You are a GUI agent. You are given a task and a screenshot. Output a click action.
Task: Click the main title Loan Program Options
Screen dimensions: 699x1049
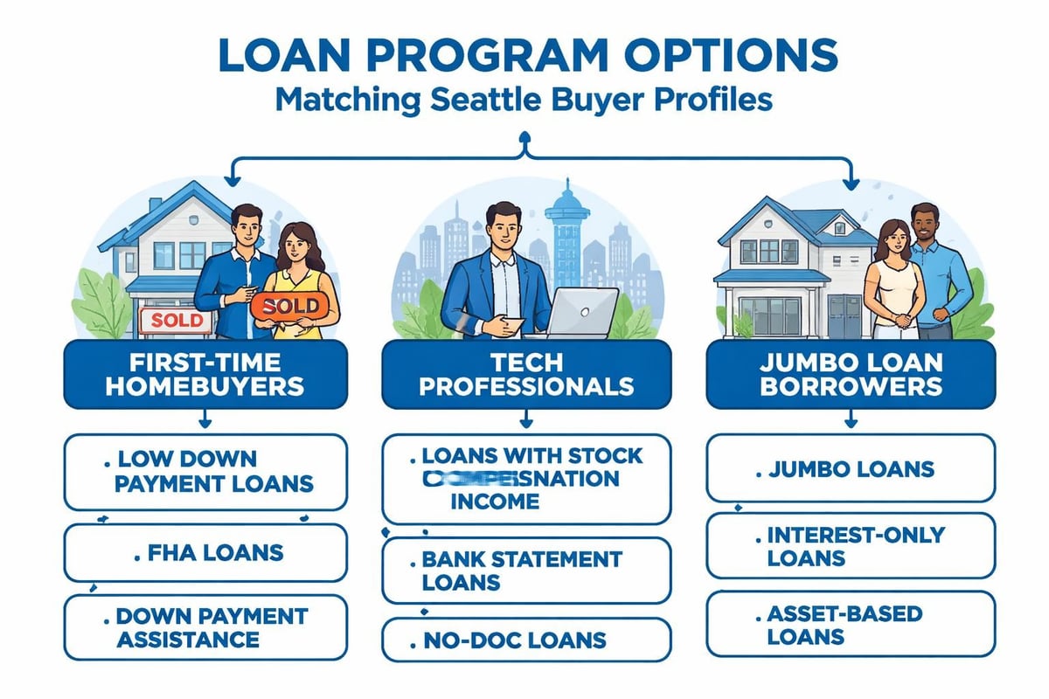click(x=524, y=54)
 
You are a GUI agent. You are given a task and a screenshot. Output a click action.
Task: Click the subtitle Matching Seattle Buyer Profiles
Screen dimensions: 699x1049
click(x=524, y=99)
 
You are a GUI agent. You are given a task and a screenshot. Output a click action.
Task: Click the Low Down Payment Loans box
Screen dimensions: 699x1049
click(x=206, y=472)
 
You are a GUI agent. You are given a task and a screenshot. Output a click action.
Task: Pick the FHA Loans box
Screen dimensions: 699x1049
click(x=206, y=552)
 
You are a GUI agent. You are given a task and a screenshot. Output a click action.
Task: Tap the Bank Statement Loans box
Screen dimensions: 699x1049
click(x=526, y=570)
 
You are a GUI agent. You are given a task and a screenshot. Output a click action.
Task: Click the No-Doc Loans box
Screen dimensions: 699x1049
click(x=526, y=640)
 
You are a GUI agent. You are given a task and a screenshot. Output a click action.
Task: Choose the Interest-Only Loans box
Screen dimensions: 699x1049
click(x=850, y=545)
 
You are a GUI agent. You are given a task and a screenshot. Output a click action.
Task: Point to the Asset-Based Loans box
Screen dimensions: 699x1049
click(x=850, y=623)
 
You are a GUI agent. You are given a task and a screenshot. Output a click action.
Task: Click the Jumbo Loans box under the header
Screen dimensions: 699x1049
click(x=850, y=469)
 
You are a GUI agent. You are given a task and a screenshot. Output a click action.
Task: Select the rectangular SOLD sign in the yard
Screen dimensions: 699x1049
click(x=176, y=320)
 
